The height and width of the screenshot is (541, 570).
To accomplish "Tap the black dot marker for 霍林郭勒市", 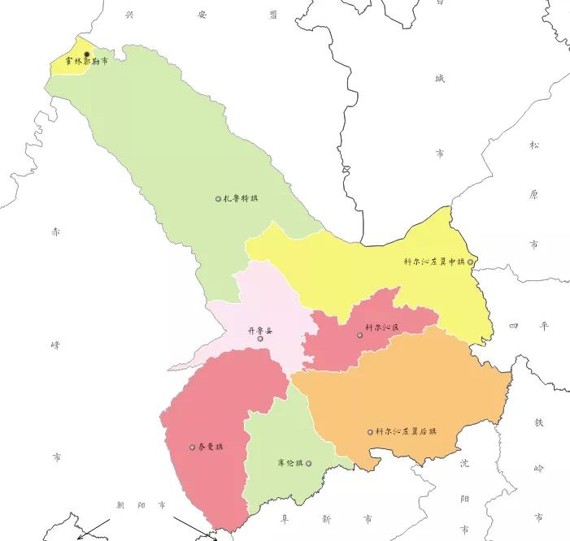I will [x=87, y=54].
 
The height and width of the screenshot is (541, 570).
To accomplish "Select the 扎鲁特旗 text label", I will [x=241, y=198].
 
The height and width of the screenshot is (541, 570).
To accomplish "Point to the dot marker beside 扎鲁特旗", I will [x=218, y=199].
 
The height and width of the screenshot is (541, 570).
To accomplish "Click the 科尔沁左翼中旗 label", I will [x=434, y=262].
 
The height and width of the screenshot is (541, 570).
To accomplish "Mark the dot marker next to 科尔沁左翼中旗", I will [x=470, y=262].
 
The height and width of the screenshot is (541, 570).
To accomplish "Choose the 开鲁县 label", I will [x=261, y=330].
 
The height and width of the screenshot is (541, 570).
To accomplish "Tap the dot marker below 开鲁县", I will [x=260, y=339].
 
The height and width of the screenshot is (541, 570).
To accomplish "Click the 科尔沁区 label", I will [x=382, y=327].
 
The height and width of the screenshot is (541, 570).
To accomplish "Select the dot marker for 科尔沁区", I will [x=359, y=335].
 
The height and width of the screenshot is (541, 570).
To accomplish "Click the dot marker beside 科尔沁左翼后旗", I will [x=370, y=432].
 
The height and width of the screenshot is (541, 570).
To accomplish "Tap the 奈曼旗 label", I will [x=211, y=447].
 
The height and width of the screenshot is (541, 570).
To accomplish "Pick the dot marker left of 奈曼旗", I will [x=192, y=447].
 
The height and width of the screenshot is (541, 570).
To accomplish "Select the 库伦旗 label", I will [x=289, y=463].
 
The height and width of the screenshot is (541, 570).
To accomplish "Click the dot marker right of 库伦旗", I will [x=308, y=463].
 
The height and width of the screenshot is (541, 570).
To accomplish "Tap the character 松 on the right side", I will [x=534, y=145].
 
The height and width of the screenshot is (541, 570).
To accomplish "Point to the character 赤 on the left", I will [x=55, y=232].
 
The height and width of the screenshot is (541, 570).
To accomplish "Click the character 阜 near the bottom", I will [x=285, y=517].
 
